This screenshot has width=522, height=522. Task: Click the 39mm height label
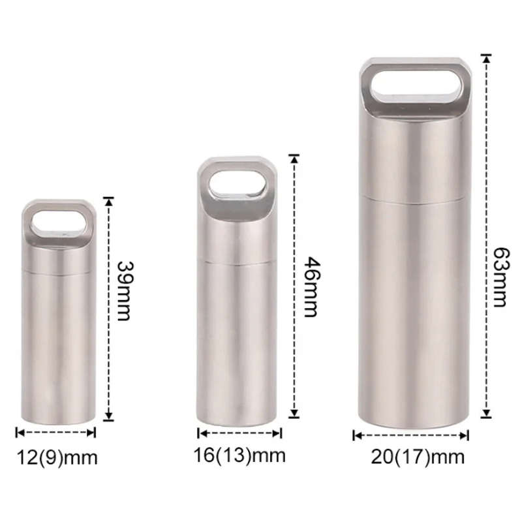[x=125, y=291]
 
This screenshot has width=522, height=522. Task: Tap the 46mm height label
[x=312, y=287]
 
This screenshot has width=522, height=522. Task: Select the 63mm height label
[x=500, y=277]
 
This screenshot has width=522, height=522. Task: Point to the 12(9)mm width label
[x=57, y=457]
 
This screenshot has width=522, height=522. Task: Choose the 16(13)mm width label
[x=239, y=455]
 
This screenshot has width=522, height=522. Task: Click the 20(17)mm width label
[x=418, y=457]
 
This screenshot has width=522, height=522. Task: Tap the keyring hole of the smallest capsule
[x=59, y=224]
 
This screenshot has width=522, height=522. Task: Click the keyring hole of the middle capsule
[x=238, y=185]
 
